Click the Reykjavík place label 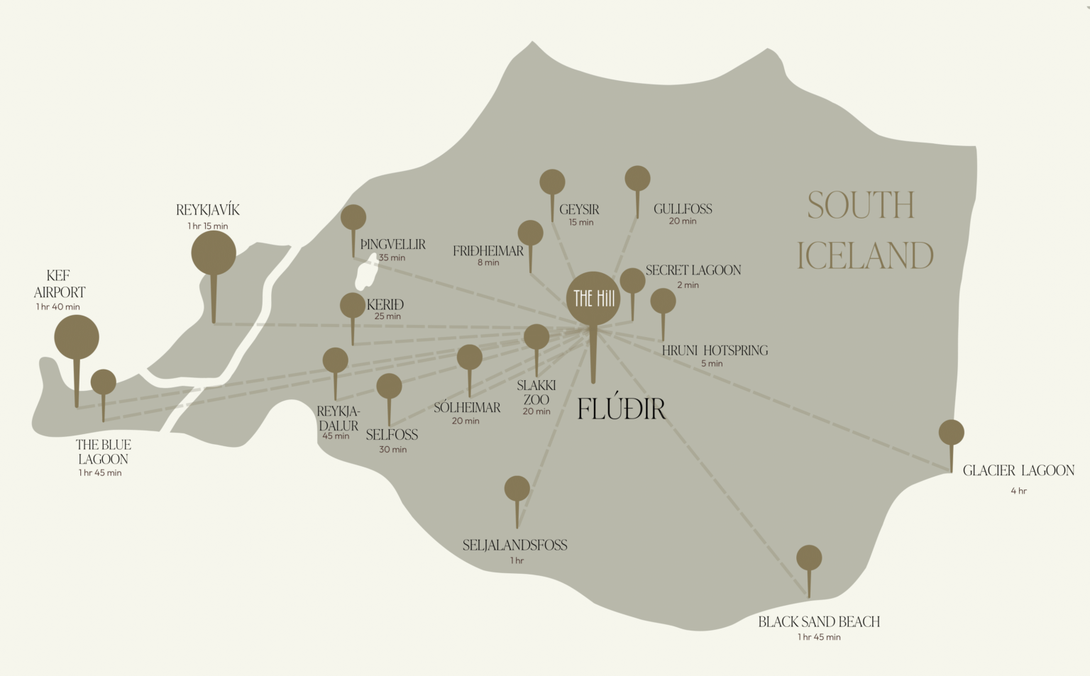[208, 210]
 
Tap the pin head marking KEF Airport [77, 337]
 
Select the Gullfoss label [683, 209]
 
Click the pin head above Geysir [552, 182]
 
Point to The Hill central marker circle [593, 299]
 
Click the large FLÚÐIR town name [622, 409]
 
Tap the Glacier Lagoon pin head [951, 432]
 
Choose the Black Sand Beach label [819, 621]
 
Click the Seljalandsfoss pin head [517, 488]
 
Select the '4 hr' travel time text [1018, 491]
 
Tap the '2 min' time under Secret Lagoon [688, 285]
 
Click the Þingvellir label [393, 244]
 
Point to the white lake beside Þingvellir [366, 274]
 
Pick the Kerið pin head [353, 306]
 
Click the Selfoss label [392, 435]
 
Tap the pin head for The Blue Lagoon [104, 382]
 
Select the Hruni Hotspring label [715, 350]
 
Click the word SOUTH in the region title [861, 206]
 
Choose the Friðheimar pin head [530, 233]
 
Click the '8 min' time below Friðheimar [488, 262]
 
